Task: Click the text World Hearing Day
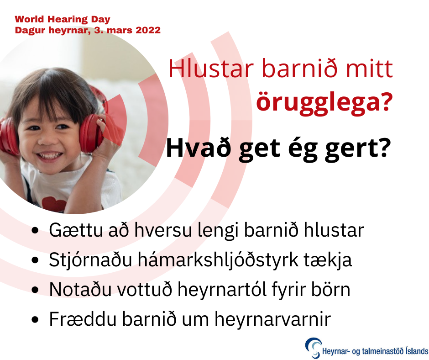pos(63,20)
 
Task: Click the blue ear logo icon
pos(313,348)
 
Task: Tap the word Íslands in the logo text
pos(414,351)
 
